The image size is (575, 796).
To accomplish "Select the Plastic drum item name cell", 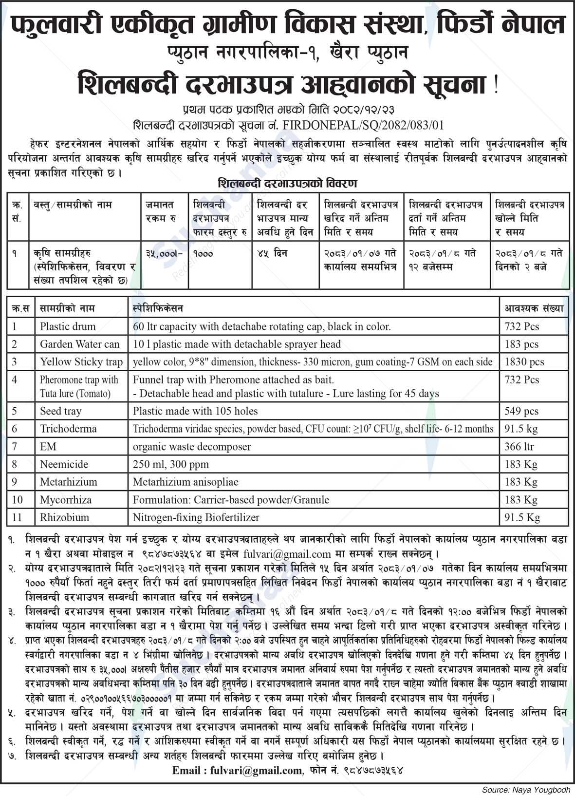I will coord(68,327).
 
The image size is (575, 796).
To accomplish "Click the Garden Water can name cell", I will coord(79,344).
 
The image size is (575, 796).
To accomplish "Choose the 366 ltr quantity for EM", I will coord(519,447).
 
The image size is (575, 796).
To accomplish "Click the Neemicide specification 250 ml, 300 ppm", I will coord(171,464).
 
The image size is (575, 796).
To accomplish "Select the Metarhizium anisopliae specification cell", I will coord(185,482).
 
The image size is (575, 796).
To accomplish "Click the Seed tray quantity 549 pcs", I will coord(521,411).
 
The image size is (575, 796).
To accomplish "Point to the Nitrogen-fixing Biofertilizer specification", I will coord(196,517).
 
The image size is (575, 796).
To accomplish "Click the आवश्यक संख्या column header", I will coord(534,308).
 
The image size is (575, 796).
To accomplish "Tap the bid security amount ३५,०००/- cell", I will coord(163,254).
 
